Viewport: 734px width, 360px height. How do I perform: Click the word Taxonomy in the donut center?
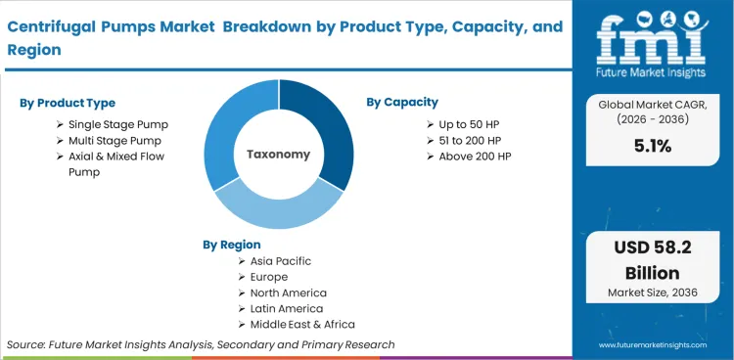point(278,155)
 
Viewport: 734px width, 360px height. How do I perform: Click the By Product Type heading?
point(69,103)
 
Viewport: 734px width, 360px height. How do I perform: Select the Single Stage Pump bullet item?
point(117,124)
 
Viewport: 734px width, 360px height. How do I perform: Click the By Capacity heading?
point(402,102)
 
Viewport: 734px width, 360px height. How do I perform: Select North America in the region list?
point(290,292)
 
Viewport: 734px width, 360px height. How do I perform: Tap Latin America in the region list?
point(288,308)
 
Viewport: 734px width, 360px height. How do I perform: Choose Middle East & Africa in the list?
point(303,324)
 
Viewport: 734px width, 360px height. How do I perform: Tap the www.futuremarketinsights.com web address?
point(654,345)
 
